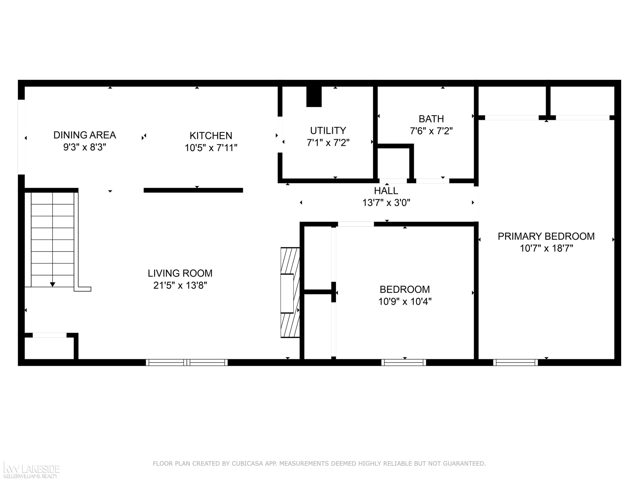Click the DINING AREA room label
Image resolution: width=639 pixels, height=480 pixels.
tap(85, 135)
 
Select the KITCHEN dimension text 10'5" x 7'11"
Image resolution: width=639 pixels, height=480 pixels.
tap(211, 148)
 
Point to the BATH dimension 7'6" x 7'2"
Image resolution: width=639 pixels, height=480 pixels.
tap(431, 131)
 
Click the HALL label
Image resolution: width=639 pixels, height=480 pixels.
tap(386, 191)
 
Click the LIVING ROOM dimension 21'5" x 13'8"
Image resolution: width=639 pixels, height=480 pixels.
tap(180, 286)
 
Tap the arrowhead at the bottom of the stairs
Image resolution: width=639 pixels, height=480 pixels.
tap(53, 284)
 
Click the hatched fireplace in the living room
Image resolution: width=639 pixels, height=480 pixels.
tap(290, 292)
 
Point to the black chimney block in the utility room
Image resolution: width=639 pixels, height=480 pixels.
tap(314, 97)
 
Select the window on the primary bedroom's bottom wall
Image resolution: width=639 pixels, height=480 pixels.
tap(515, 362)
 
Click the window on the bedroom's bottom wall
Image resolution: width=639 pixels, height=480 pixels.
tap(404, 362)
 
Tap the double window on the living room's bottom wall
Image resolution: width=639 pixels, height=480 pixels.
tap(187, 362)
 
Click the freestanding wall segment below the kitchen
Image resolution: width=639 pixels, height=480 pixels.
tap(193, 190)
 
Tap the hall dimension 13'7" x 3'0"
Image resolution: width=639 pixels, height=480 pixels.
tap(386, 203)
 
